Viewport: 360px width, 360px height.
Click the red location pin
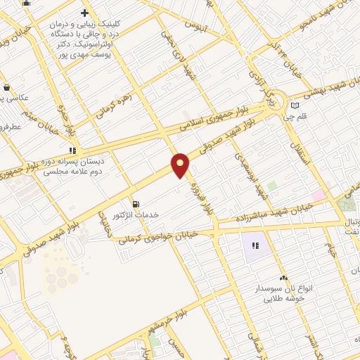(x=181, y=165)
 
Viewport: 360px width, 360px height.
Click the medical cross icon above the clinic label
(x=84, y=13)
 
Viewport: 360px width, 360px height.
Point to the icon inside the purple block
(x=255, y=246)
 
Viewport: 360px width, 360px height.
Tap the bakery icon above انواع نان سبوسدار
(x=283, y=278)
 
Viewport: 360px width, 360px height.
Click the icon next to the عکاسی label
(x=7, y=87)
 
